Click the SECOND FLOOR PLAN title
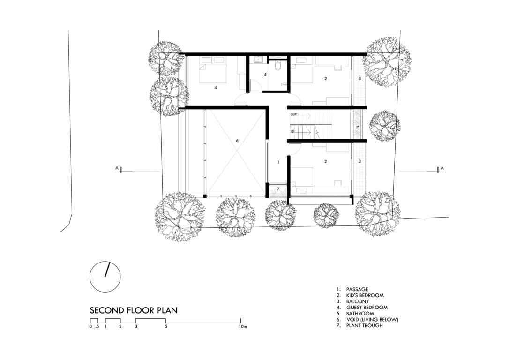134,310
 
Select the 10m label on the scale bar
242,327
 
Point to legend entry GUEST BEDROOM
367,307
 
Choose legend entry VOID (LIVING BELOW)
372,319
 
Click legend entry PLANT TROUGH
365,325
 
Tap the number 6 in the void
237,141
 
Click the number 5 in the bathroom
265,75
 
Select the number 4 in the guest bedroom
215,87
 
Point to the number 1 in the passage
278,162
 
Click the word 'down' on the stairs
294,114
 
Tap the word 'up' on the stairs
292,131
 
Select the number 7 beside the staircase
358,127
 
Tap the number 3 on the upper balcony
359,79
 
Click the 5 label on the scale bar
166,327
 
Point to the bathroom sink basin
258,60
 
